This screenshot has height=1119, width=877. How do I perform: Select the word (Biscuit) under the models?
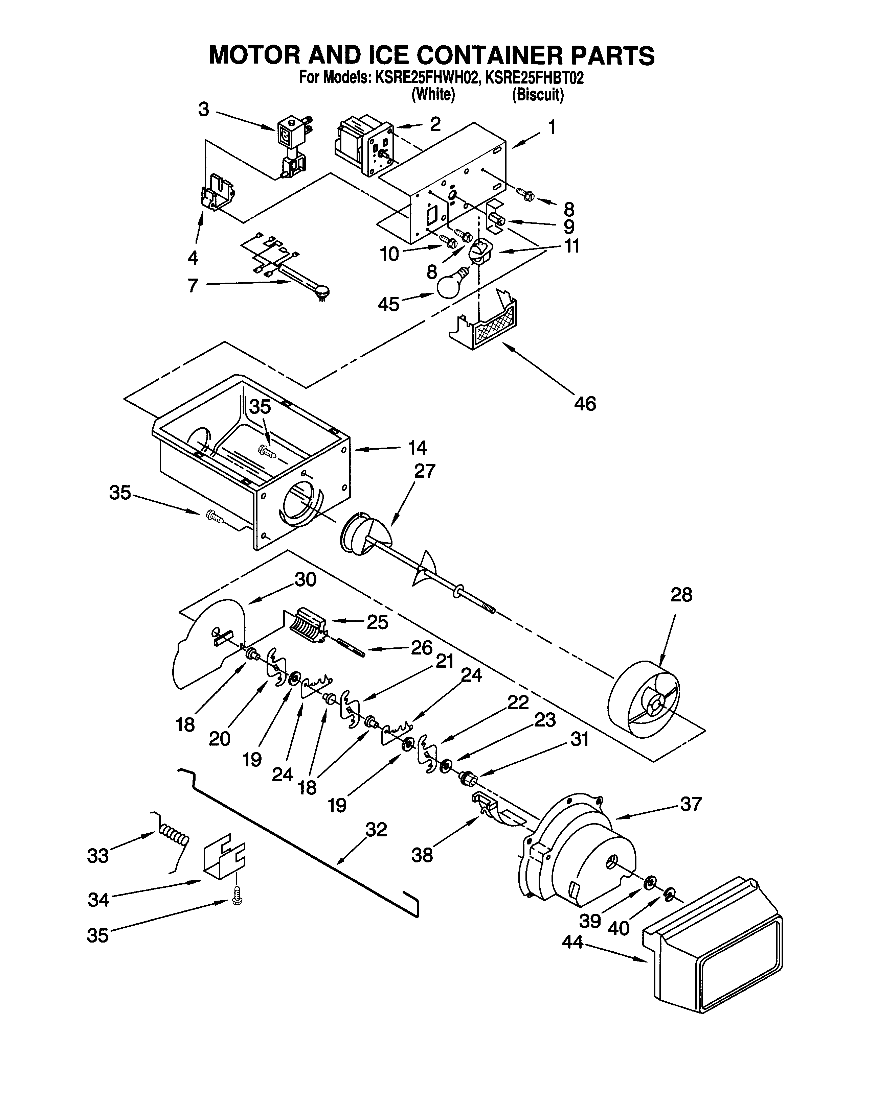(x=538, y=95)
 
